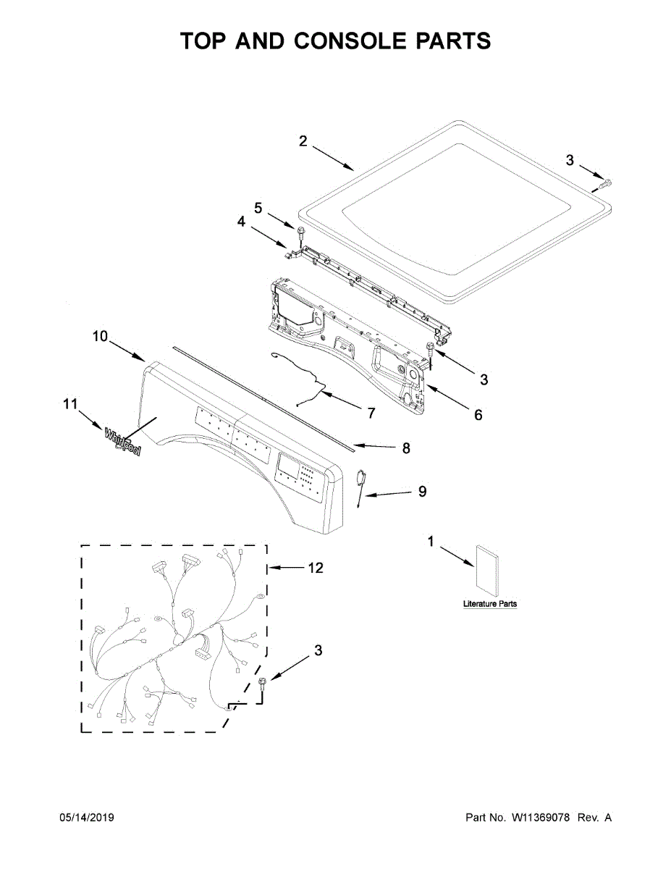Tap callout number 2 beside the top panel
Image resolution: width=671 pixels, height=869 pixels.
pyautogui.click(x=303, y=141)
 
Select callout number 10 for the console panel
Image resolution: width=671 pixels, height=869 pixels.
pyautogui.click(x=100, y=336)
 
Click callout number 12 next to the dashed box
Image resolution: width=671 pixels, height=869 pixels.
pyautogui.click(x=315, y=568)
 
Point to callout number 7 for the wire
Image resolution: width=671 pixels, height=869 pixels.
pyautogui.click(x=371, y=413)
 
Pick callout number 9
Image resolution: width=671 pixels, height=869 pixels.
pyautogui.click(x=422, y=491)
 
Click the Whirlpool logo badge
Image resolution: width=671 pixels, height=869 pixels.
pyautogui.click(x=122, y=442)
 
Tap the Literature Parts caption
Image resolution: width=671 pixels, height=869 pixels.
pyautogui.click(x=490, y=604)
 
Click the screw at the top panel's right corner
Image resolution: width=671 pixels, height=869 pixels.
pyautogui.click(x=606, y=184)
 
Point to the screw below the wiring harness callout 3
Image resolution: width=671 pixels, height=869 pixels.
pyautogui.click(x=261, y=683)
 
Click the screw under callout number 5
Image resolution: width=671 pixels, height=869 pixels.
pyautogui.click(x=298, y=231)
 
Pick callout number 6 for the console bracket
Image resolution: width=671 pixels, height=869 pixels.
pyautogui.click(x=478, y=416)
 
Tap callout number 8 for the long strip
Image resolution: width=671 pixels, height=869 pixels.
pyautogui.click(x=406, y=449)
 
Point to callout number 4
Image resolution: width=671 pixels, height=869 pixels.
pyautogui.click(x=242, y=222)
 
